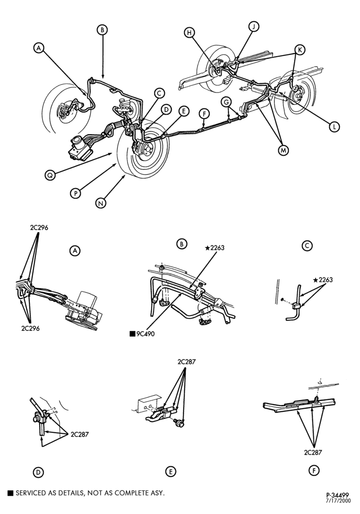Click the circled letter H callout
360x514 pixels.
189,32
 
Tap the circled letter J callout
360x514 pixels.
254,26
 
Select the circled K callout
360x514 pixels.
300,50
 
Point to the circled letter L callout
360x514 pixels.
334,126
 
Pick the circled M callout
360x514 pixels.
283,150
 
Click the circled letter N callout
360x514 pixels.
101,203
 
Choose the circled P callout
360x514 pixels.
76,193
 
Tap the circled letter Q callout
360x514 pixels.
50,175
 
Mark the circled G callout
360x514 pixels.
226,102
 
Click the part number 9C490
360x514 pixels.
145,334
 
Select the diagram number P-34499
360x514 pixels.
337,495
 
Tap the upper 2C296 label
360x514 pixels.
39,228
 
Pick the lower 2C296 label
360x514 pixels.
30,328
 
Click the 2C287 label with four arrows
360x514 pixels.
187,362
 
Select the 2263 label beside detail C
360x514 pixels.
326,280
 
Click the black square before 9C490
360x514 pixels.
133,334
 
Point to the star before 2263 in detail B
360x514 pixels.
207,248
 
